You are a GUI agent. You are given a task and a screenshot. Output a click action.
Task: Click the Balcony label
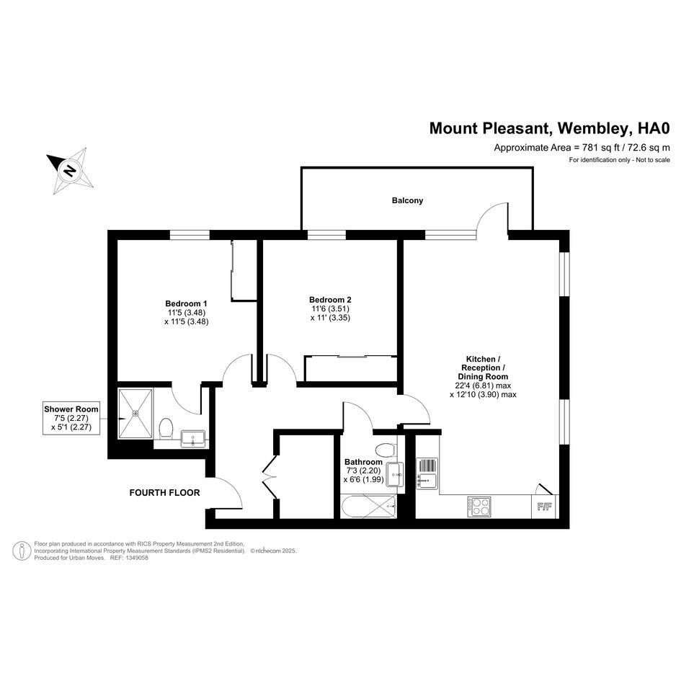pyautogui.click(x=407, y=200)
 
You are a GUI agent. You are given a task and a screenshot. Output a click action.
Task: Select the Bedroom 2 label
pyautogui.click(x=330, y=300)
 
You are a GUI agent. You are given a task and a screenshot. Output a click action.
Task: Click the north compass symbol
pyautogui.click(x=70, y=171)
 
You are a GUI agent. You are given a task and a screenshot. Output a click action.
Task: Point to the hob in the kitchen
pyautogui.click(x=479, y=507)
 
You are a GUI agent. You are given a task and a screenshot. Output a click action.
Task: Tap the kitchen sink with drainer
pyautogui.click(x=427, y=474)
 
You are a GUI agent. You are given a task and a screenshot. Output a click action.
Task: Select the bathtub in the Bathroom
pyautogui.click(x=369, y=506)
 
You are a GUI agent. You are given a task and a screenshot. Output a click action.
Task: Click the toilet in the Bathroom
pyautogui.click(x=386, y=450)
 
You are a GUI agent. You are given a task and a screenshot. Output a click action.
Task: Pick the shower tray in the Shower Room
pyautogui.click(x=135, y=413)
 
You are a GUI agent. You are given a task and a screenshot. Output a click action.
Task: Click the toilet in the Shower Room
pyautogui.click(x=166, y=428)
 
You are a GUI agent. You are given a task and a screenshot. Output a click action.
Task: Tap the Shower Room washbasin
pyautogui.click(x=193, y=438)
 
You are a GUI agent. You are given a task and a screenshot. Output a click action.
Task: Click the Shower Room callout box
pyautogui.click(x=71, y=418)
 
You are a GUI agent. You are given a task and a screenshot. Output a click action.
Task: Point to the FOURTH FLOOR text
pyautogui.click(x=164, y=492)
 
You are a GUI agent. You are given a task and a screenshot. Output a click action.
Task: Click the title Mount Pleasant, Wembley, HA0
pyautogui.click(x=549, y=128)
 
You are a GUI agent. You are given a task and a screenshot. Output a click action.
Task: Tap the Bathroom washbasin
pyautogui.click(x=395, y=475)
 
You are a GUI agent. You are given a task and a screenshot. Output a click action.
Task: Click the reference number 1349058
pyautogui.click(x=136, y=558)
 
